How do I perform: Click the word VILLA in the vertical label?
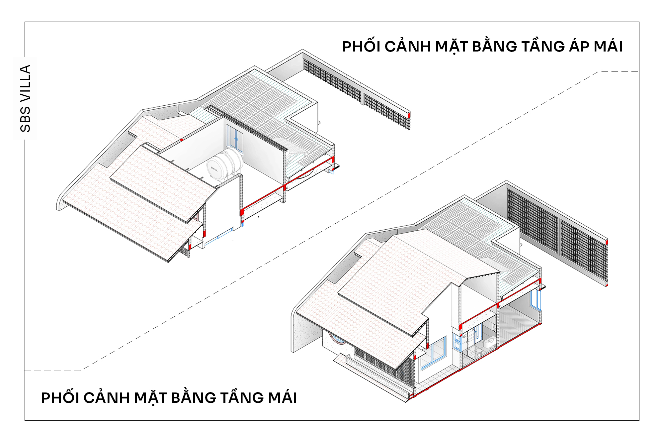[25, 83]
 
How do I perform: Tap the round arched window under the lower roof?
[338, 339]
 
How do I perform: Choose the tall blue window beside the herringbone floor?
[535, 300]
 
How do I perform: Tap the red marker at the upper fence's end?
[409, 115]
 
